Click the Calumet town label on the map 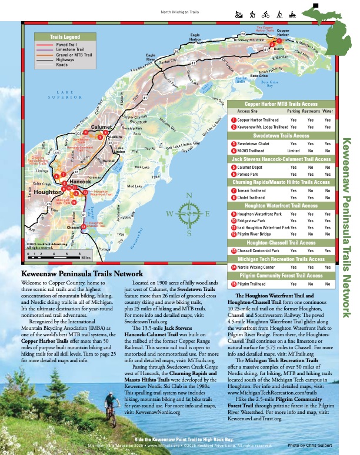tap(101, 127)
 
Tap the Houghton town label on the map tap(49, 192)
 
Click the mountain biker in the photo tap(109, 405)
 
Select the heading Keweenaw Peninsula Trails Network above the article tap(82, 274)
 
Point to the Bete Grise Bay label tap(270, 84)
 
